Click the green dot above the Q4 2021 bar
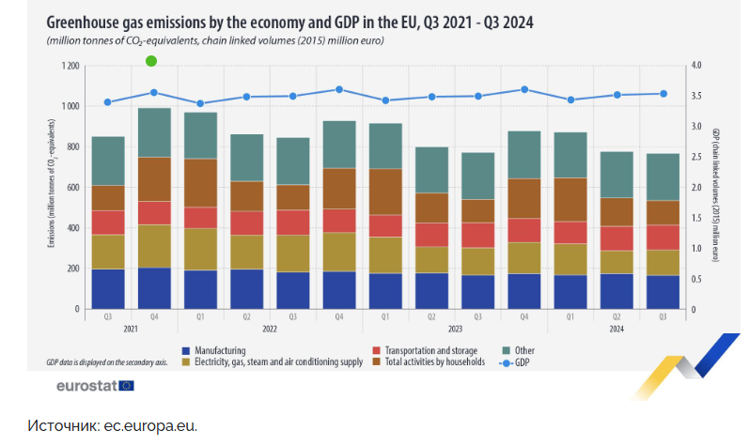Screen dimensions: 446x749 [151, 61]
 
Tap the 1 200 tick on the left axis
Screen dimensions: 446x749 [70, 66]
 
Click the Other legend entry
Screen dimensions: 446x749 [523, 349]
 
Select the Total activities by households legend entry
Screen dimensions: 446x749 [432, 361]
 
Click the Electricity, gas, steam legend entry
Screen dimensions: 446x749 [267, 361]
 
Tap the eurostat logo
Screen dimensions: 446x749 [95, 386]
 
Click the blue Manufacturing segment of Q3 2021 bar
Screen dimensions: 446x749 [108, 289]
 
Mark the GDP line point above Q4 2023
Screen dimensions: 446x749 [524, 89]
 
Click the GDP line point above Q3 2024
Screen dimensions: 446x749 [663, 94]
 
